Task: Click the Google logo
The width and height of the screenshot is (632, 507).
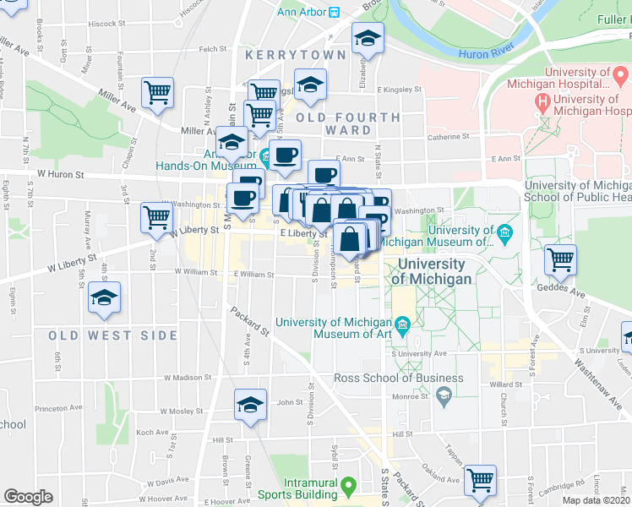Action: [28, 497]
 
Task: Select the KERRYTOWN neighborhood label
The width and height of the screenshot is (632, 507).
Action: [296, 55]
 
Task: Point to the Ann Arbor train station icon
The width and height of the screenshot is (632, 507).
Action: [335, 13]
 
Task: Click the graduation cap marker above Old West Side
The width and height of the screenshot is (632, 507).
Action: [105, 297]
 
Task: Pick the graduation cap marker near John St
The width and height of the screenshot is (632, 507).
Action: [250, 405]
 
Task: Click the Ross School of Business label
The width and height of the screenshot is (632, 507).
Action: [399, 378]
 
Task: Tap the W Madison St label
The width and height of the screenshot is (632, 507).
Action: [183, 378]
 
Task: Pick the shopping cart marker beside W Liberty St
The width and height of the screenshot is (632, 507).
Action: [156, 216]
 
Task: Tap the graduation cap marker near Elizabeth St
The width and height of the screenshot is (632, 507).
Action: [368, 38]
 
